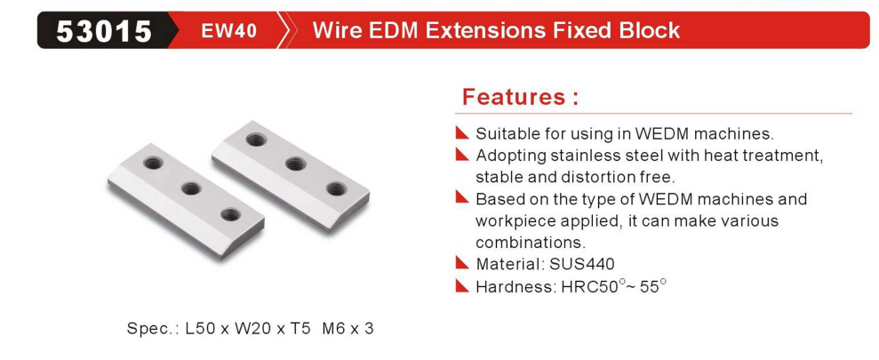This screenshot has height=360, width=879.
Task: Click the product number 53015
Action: (x=104, y=31)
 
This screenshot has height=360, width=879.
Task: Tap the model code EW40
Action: (x=228, y=30)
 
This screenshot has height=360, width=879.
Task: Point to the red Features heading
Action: (x=520, y=97)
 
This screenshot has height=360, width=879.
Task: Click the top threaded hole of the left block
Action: (x=153, y=164)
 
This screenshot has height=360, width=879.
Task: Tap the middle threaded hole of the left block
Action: (x=192, y=188)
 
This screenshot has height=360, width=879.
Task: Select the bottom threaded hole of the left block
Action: (x=231, y=213)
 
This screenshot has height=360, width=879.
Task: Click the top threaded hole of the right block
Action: (x=256, y=139)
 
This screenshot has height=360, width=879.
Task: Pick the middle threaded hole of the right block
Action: (x=295, y=164)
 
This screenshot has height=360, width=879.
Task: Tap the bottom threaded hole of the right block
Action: (x=336, y=189)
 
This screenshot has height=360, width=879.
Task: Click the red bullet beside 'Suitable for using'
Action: (x=462, y=132)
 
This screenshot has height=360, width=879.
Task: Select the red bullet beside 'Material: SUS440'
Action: (x=462, y=262)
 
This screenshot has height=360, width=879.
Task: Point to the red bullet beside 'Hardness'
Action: (x=462, y=286)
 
